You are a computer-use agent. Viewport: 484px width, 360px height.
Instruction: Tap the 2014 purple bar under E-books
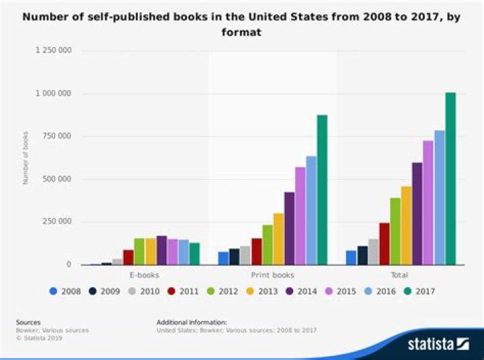[161, 250]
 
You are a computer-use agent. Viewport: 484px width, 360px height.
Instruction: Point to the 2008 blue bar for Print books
[223, 258]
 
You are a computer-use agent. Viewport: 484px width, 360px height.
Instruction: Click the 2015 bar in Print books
[300, 216]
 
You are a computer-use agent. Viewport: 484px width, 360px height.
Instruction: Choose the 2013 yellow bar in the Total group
[406, 225]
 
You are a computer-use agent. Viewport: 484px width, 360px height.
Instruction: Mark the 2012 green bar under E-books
[139, 252]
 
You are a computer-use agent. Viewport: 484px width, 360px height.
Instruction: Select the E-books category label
[144, 275]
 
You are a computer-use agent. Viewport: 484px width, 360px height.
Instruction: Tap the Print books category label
[272, 275]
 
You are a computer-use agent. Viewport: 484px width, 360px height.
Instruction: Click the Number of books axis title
[26, 158]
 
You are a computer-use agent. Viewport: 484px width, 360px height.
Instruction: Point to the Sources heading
[28, 322]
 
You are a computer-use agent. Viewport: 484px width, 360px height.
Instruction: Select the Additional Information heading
[192, 322]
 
